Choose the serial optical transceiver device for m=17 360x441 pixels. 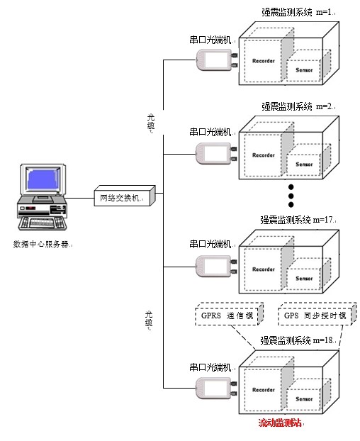(x=215, y=266)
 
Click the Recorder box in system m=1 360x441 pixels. (x=264, y=61)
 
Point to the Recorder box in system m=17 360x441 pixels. (x=264, y=269)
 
